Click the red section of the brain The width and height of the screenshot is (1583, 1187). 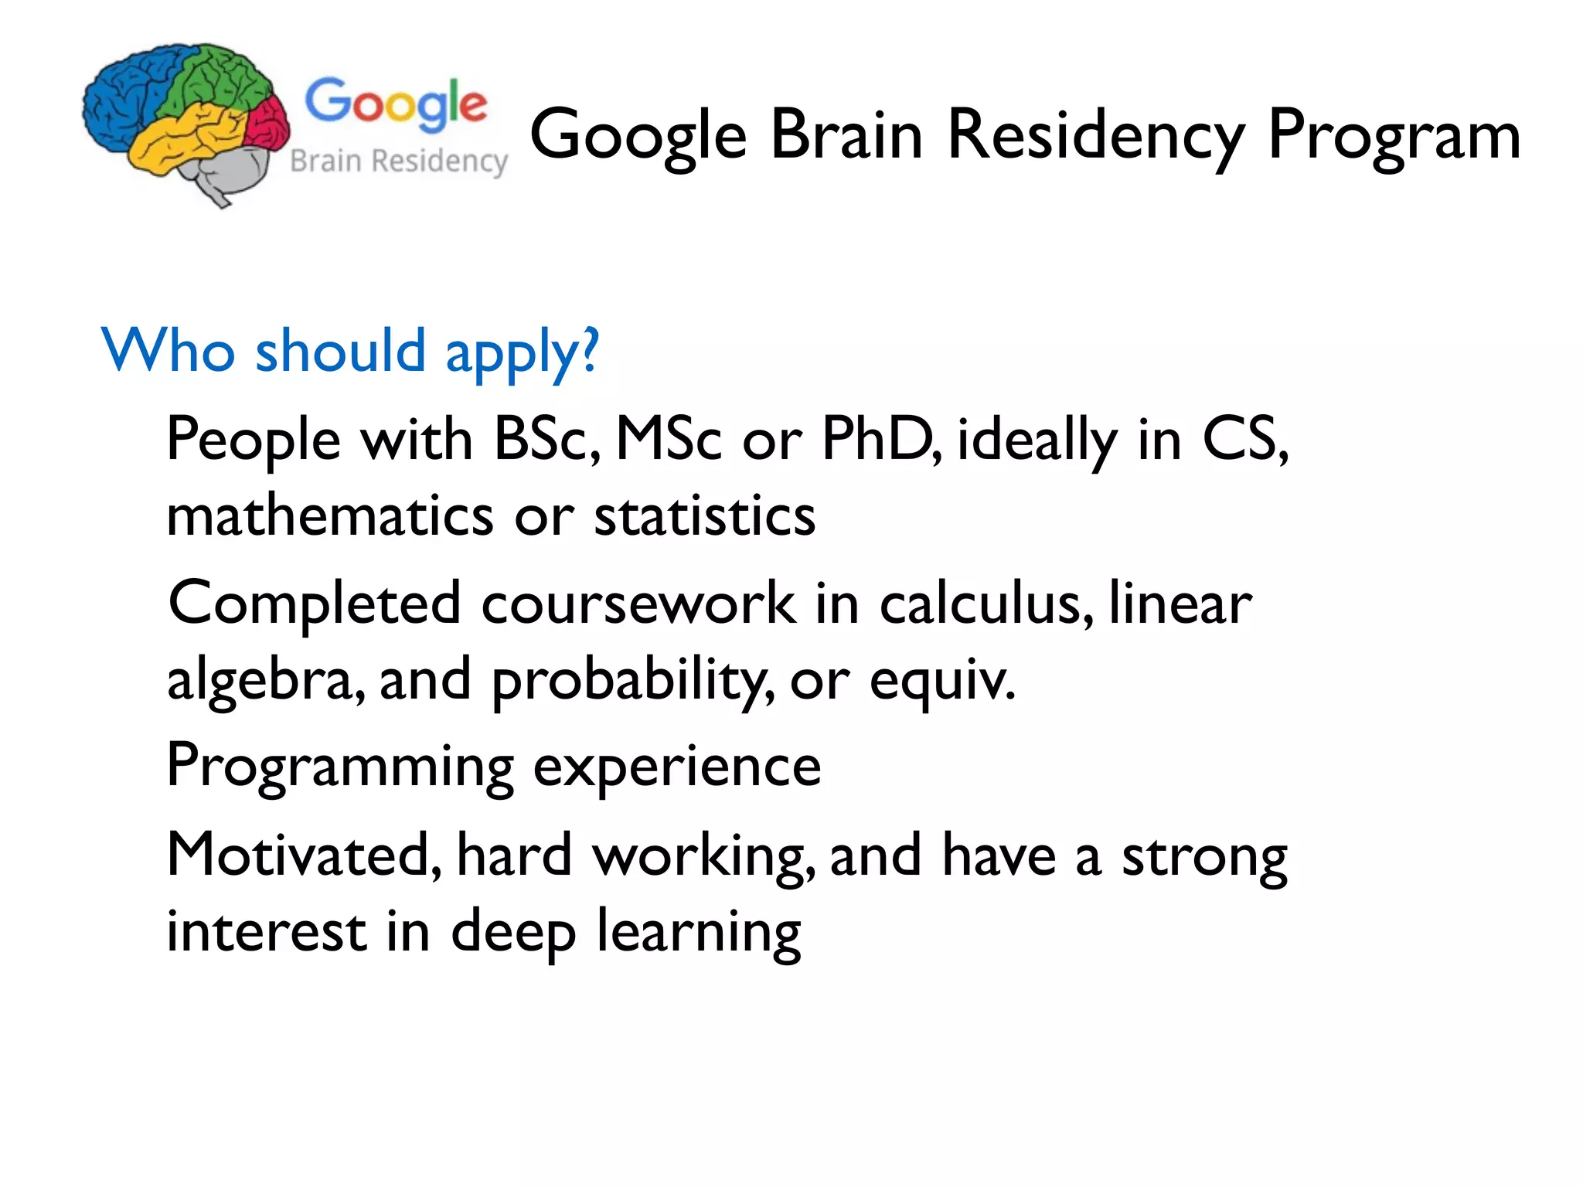coord(268,124)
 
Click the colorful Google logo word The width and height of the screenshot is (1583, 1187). coord(396,104)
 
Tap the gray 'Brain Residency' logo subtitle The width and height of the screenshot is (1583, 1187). coord(399,162)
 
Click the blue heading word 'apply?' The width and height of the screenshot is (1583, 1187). coord(522,352)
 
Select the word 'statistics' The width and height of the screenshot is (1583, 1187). coord(704,515)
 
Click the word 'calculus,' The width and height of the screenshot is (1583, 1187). coord(986,604)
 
